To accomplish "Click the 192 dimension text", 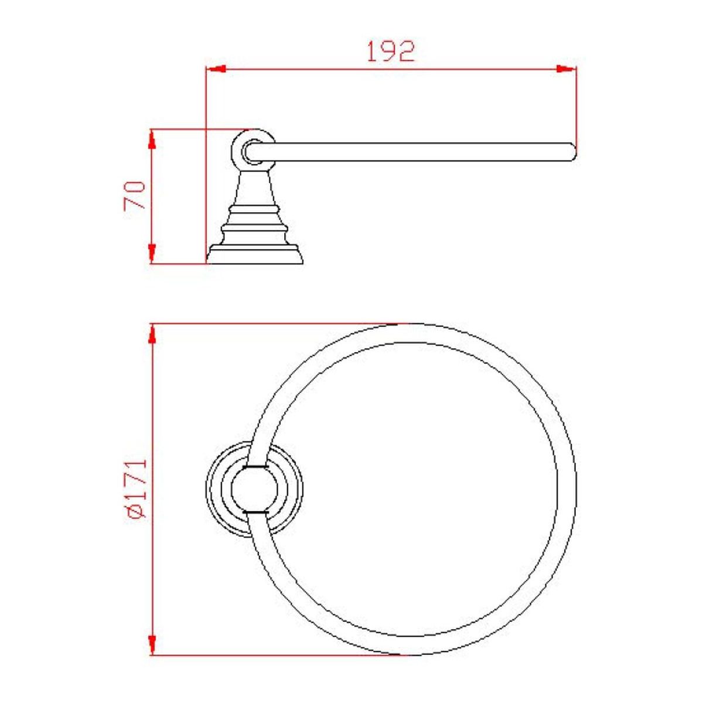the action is (x=391, y=52).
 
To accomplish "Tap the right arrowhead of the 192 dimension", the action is (x=567, y=69).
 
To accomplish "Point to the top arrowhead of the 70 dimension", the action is (x=153, y=139).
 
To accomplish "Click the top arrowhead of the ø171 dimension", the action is (x=153, y=334).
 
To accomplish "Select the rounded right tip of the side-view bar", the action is (x=572, y=152).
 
